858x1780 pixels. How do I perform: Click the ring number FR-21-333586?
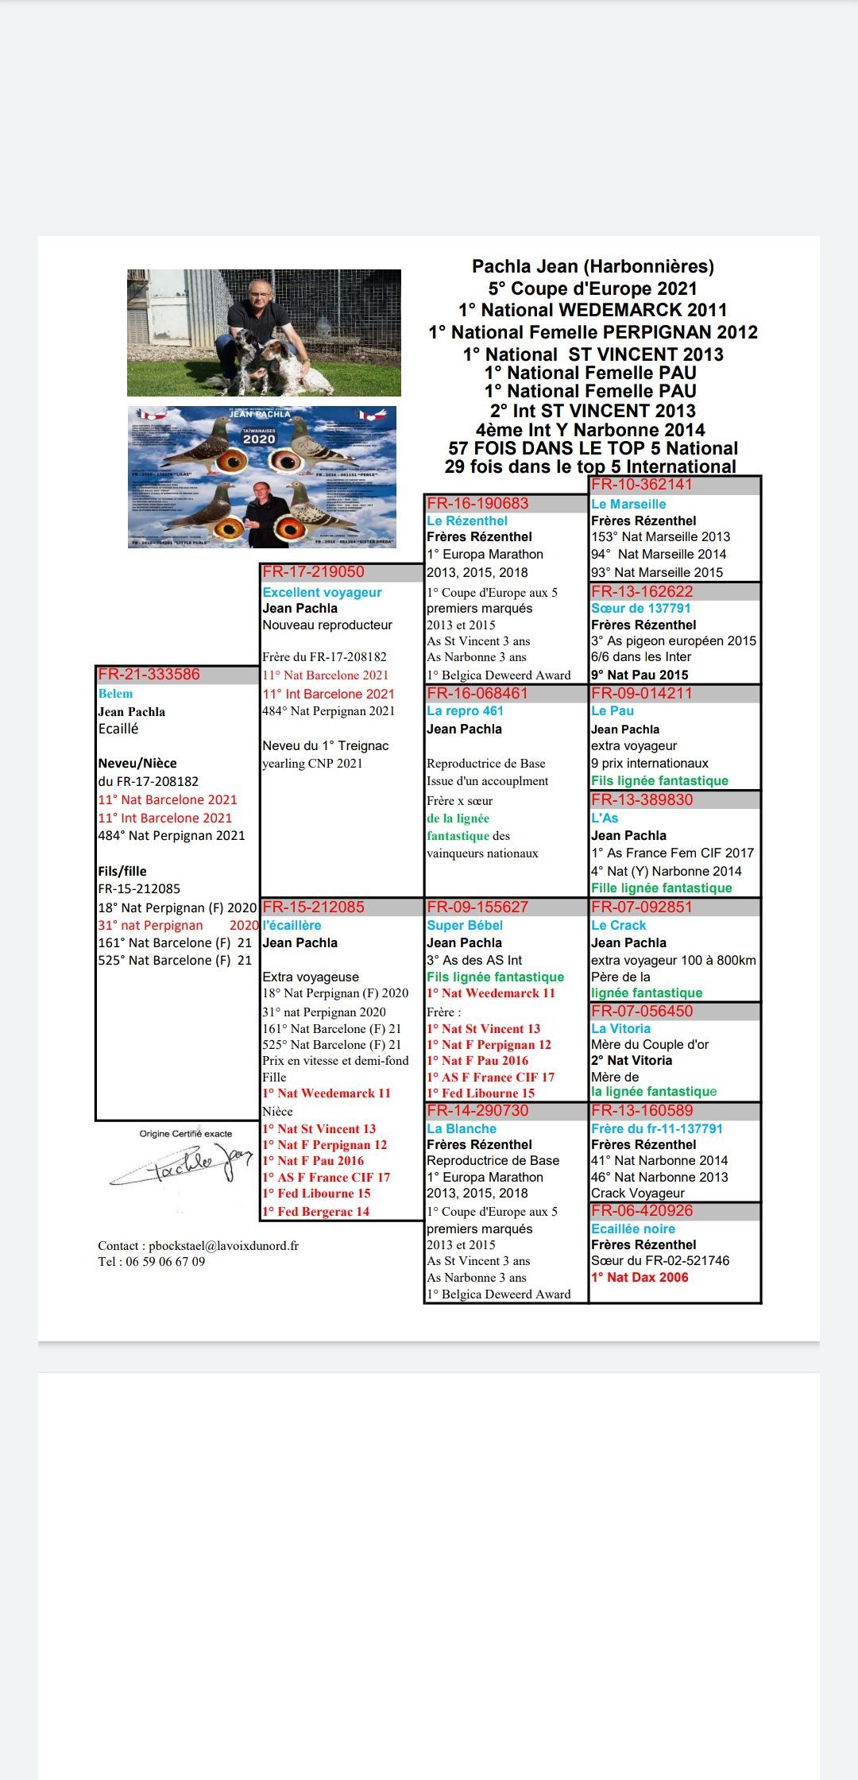coord(149,675)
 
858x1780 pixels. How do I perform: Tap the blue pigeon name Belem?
coord(116,694)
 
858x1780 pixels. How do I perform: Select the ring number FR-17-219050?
coord(314,572)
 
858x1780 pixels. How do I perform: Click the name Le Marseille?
coord(628,504)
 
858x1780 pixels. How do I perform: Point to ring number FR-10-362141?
coord(642,485)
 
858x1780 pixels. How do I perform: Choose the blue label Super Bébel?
coord(465,925)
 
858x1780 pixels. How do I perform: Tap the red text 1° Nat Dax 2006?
coord(640,1277)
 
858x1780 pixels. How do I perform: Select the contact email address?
coord(223,1245)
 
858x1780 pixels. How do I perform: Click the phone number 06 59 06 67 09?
coord(165,1261)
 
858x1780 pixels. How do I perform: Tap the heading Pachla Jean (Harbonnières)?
coord(593,266)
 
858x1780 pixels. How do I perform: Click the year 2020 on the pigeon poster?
coord(259,439)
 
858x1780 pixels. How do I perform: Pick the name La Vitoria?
coord(621,1028)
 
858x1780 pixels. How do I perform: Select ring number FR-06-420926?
coord(642,1210)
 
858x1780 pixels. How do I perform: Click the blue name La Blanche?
coord(462,1128)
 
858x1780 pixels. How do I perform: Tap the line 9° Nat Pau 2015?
coord(640,675)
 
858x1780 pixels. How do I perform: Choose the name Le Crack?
coord(619,925)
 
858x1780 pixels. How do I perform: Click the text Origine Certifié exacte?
coord(186,1133)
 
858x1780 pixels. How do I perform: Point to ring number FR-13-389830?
coord(642,799)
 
